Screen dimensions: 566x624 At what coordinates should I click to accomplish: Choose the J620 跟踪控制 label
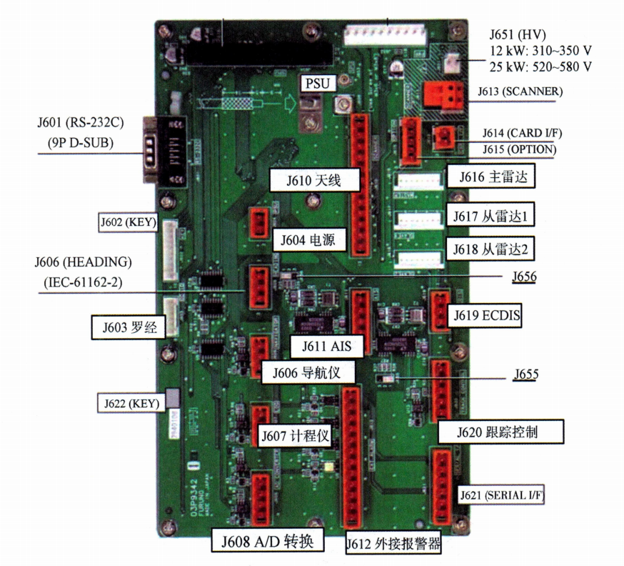500,431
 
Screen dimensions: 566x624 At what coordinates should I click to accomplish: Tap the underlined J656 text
524,277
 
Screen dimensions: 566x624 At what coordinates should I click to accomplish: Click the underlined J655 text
525,374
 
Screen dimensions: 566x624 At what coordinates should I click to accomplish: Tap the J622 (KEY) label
131,402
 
